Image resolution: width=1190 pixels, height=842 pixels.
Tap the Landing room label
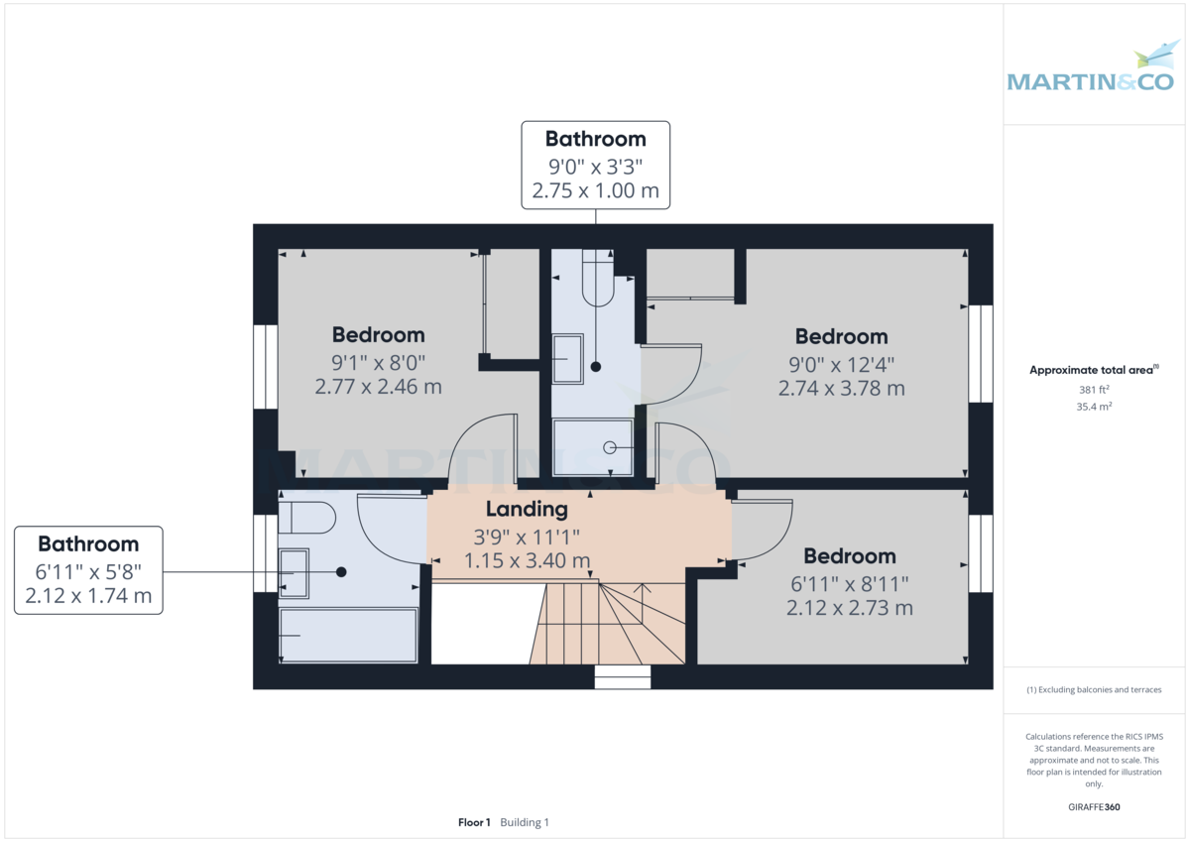[x=527, y=509]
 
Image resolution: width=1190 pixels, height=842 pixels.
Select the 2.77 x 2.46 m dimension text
[x=378, y=387]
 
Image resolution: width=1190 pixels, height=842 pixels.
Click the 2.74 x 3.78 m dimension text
[x=842, y=389]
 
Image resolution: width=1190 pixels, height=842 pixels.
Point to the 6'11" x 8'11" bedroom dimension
[x=850, y=584]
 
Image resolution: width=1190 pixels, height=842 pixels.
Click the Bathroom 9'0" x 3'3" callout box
[x=596, y=165]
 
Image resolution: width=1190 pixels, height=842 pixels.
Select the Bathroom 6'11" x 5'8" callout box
[x=88, y=570]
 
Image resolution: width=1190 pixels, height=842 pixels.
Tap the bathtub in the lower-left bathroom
[x=348, y=636]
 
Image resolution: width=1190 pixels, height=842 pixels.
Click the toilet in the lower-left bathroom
[x=306, y=518]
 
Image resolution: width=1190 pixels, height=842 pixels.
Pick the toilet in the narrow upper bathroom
[x=598, y=278]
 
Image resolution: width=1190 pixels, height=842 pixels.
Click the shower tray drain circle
[x=609, y=448]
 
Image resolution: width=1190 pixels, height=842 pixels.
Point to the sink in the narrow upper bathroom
[x=568, y=359]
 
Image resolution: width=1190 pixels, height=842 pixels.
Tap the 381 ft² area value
[x=1094, y=390]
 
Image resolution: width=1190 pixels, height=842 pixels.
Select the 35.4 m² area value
[x=1094, y=407]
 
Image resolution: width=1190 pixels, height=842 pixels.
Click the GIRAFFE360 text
[x=1094, y=807]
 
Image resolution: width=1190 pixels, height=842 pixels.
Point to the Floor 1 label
[x=474, y=822]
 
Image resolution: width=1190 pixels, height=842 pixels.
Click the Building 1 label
[x=525, y=822]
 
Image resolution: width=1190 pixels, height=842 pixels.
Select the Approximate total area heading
[x=1094, y=370]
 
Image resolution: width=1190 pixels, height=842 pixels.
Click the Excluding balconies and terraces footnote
[x=1094, y=689]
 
